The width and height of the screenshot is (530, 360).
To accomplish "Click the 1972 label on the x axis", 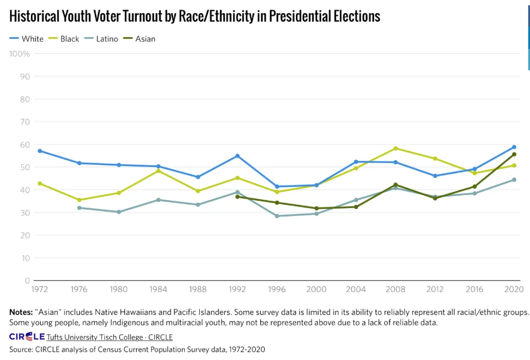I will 39,289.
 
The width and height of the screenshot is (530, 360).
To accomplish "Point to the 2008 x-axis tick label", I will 395,289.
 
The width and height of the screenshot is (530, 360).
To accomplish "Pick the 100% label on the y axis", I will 20,53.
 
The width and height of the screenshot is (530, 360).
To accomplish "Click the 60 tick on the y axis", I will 25,145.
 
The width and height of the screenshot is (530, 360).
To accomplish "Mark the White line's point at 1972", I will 39,151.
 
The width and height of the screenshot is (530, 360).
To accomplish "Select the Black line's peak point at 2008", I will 396,148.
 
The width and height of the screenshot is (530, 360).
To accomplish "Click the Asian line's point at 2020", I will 514,154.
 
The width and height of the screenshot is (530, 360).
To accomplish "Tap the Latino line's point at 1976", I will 79,208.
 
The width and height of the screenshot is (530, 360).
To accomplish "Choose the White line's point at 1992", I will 238,156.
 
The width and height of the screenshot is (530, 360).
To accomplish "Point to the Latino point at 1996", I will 277,216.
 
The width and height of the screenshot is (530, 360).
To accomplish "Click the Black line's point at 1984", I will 158,171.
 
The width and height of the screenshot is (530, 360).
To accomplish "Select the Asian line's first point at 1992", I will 238,197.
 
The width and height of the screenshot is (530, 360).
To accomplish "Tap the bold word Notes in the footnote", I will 20,312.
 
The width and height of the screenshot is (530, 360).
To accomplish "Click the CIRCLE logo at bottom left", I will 27,337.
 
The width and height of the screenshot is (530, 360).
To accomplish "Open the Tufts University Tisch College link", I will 94,337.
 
